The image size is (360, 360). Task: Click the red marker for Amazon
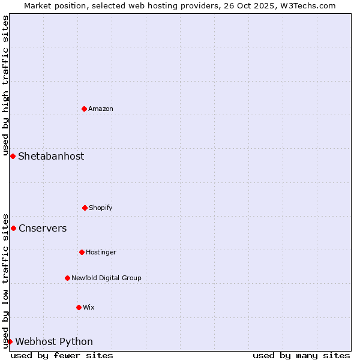(85, 109)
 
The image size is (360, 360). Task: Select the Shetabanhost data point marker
(13, 156)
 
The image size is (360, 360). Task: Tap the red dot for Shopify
(85, 208)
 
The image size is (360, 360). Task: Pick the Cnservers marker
(13, 228)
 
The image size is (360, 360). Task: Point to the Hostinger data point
(82, 252)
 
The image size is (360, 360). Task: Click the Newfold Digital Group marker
(67, 278)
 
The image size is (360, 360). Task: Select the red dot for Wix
(79, 307)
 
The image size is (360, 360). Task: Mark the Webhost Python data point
(10, 341)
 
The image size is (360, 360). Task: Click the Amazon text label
(101, 109)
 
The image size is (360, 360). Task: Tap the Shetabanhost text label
(51, 156)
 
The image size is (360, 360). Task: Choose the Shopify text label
(101, 208)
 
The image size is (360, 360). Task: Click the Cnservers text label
(43, 228)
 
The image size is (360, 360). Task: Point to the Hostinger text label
(101, 252)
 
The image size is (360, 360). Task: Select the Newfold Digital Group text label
(106, 278)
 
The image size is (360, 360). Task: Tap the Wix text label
(89, 307)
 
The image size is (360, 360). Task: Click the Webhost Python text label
(54, 341)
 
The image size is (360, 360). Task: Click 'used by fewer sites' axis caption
(62, 355)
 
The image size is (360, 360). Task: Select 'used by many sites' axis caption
(301, 355)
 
